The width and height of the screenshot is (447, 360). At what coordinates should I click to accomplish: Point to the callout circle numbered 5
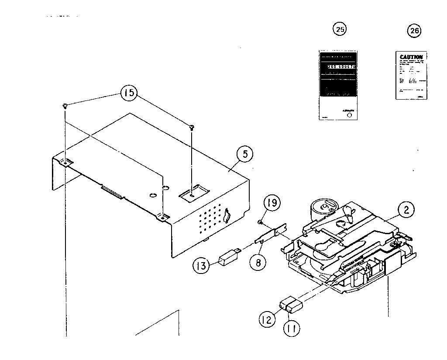pyautogui.click(x=245, y=154)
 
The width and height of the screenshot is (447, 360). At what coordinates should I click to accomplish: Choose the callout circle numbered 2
pyautogui.click(x=406, y=210)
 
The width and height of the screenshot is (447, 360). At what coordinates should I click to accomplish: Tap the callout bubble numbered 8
pyautogui.click(x=258, y=263)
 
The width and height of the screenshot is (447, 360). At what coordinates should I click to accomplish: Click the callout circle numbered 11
pyautogui.click(x=292, y=328)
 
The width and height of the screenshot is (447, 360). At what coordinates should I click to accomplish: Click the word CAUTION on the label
pyautogui.click(x=411, y=57)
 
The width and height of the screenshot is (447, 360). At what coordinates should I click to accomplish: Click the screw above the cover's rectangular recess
pyautogui.click(x=192, y=127)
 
